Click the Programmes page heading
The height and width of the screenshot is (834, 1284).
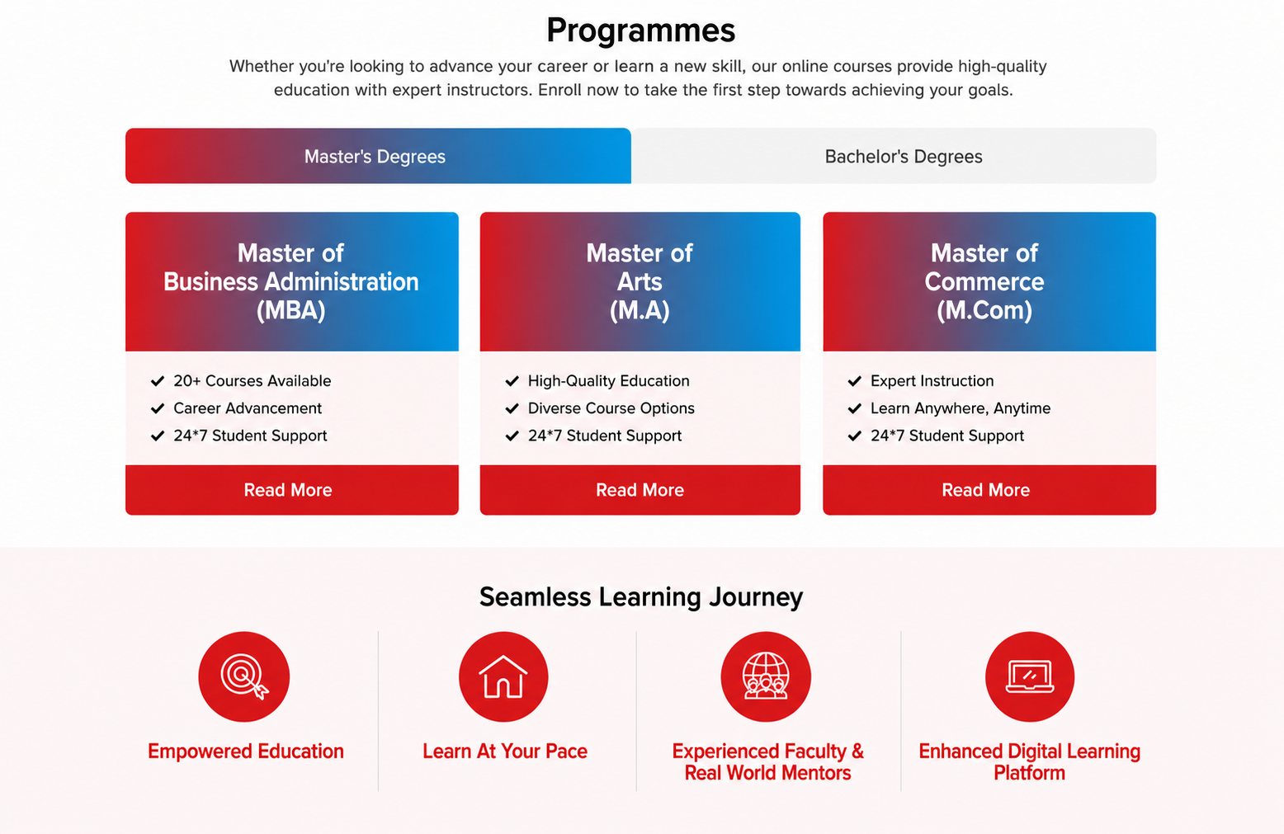(x=640, y=31)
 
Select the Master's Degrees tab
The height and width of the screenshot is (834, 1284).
(x=378, y=156)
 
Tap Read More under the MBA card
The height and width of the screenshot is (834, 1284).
(x=292, y=490)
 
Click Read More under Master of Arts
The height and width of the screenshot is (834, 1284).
(x=640, y=490)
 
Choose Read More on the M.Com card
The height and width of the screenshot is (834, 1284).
(x=989, y=490)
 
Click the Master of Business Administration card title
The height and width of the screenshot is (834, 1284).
(x=291, y=281)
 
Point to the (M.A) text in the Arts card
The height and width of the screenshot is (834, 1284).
(x=640, y=311)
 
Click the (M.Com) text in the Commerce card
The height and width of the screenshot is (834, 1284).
(x=984, y=311)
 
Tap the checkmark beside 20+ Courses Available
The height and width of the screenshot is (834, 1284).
(x=158, y=381)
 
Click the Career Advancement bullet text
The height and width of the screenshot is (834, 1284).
(x=248, y=408)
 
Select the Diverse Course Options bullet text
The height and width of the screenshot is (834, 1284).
(x=611, y=408)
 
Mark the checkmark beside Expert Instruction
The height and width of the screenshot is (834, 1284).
(x=855, y=381)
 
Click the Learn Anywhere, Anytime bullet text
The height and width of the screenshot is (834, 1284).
(x=961, y=408)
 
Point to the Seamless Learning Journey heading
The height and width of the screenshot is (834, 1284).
(x=641, y=596)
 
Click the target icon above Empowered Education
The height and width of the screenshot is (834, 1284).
(x=244, y=676)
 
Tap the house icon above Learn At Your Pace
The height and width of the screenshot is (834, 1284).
(x=503, y=676)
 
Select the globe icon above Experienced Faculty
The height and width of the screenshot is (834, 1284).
(x=766, y=676)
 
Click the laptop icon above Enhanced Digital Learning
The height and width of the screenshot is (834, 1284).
(x=1030, y=676)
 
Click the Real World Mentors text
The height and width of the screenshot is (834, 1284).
(x=767, y=773)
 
